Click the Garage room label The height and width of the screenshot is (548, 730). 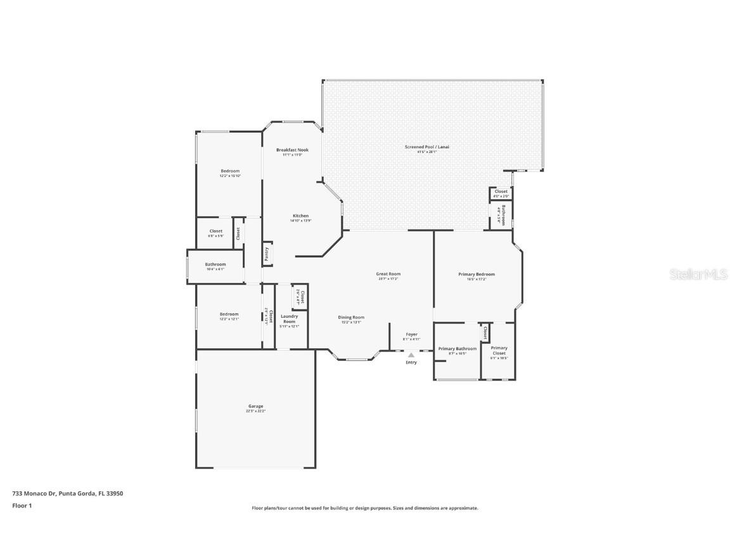click(255, 407)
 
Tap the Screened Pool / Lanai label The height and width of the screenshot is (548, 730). click(433, 147)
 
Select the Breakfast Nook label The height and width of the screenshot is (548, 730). click(292, 150)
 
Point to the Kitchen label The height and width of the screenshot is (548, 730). click(300, 216)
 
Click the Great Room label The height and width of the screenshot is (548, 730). click(388, 275)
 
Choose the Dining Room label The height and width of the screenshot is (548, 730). click(351, 318)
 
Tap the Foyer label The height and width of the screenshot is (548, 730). click(412, 335)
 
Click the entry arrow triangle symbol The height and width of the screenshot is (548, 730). click(411, 355)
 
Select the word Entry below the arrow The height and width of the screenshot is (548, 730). click(411, 362)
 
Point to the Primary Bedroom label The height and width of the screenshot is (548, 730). click(477, 275)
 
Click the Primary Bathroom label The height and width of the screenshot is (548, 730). click(457, 349)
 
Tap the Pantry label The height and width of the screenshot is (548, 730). click(267, 253)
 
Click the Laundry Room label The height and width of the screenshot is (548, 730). click(289, 318)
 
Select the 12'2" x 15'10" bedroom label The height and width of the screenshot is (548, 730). click(230, 171)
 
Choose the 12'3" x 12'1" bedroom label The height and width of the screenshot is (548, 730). click(229, 315)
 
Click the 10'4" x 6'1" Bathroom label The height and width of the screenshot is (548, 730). click(215, 264)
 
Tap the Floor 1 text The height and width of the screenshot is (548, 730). click(22, 506)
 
